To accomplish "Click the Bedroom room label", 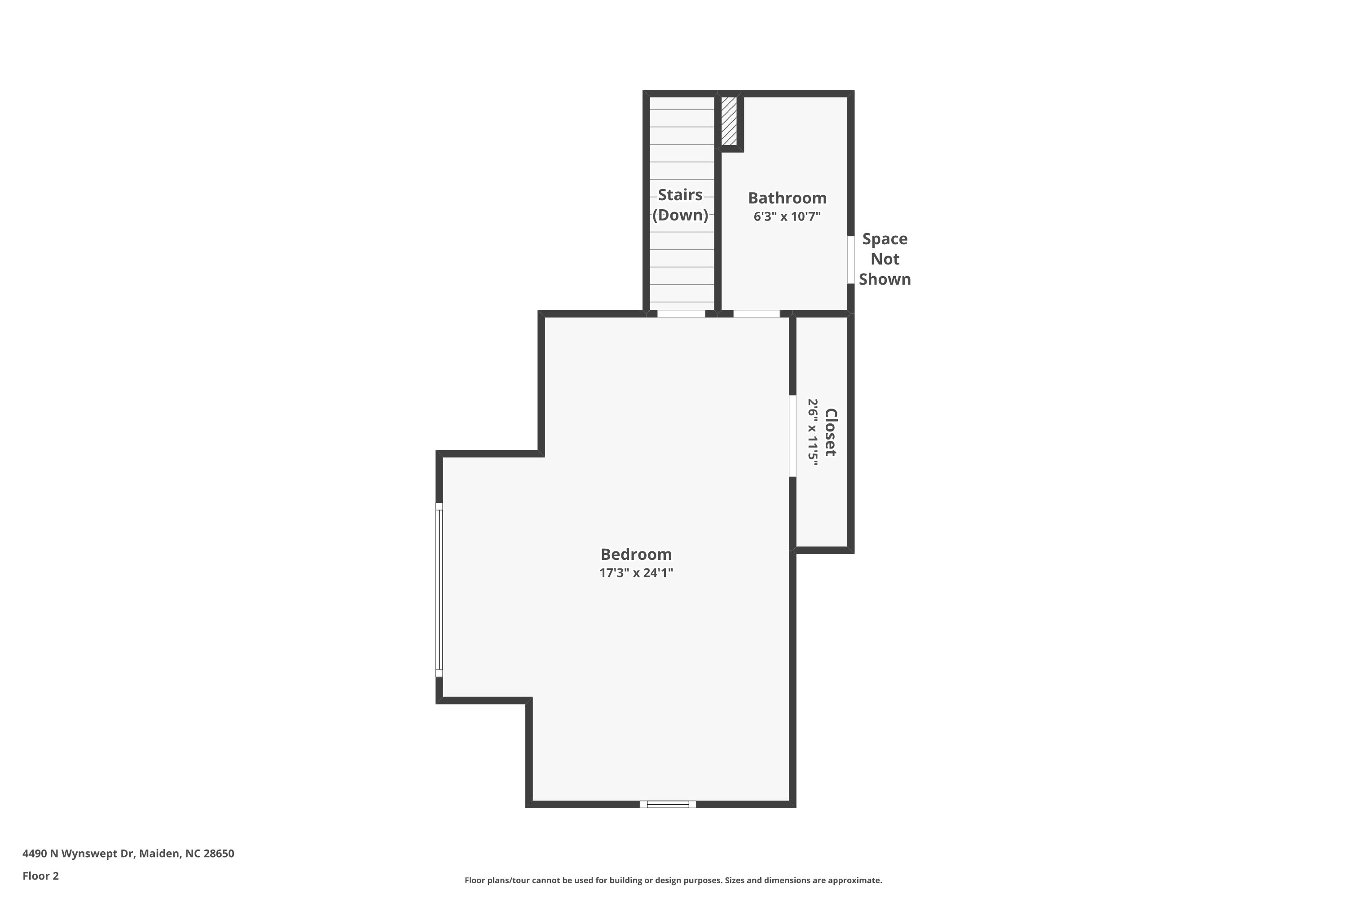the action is click(x=636, y=555).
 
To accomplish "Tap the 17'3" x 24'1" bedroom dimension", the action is click(x=636, y=573).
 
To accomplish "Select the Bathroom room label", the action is click(x=787, y=198).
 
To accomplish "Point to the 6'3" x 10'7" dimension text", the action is click(x=787, y=216).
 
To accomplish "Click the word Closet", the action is click(x=830, y=432).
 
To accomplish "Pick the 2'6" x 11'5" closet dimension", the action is click(x=813, y=432).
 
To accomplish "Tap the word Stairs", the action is click(x=680, y=195).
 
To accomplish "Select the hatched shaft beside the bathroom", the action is click(x=729, y=121).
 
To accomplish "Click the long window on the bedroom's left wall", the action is click(x=439, y=590).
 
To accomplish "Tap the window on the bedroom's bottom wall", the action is click(x=668, y=804).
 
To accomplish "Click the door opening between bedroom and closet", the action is click(x=792, y=436).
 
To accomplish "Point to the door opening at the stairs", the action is click(x=681, y=314).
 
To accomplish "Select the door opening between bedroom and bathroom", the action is click(x=757, y=314).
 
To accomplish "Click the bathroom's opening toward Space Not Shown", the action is click(x=851, y=260).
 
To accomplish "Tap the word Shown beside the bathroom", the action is click(x=885, y=279).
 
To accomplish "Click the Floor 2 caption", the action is click(x=41, y=876).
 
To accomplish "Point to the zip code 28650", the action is click(x=219, y=854).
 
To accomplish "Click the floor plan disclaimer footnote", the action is click(x=673, y=880).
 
